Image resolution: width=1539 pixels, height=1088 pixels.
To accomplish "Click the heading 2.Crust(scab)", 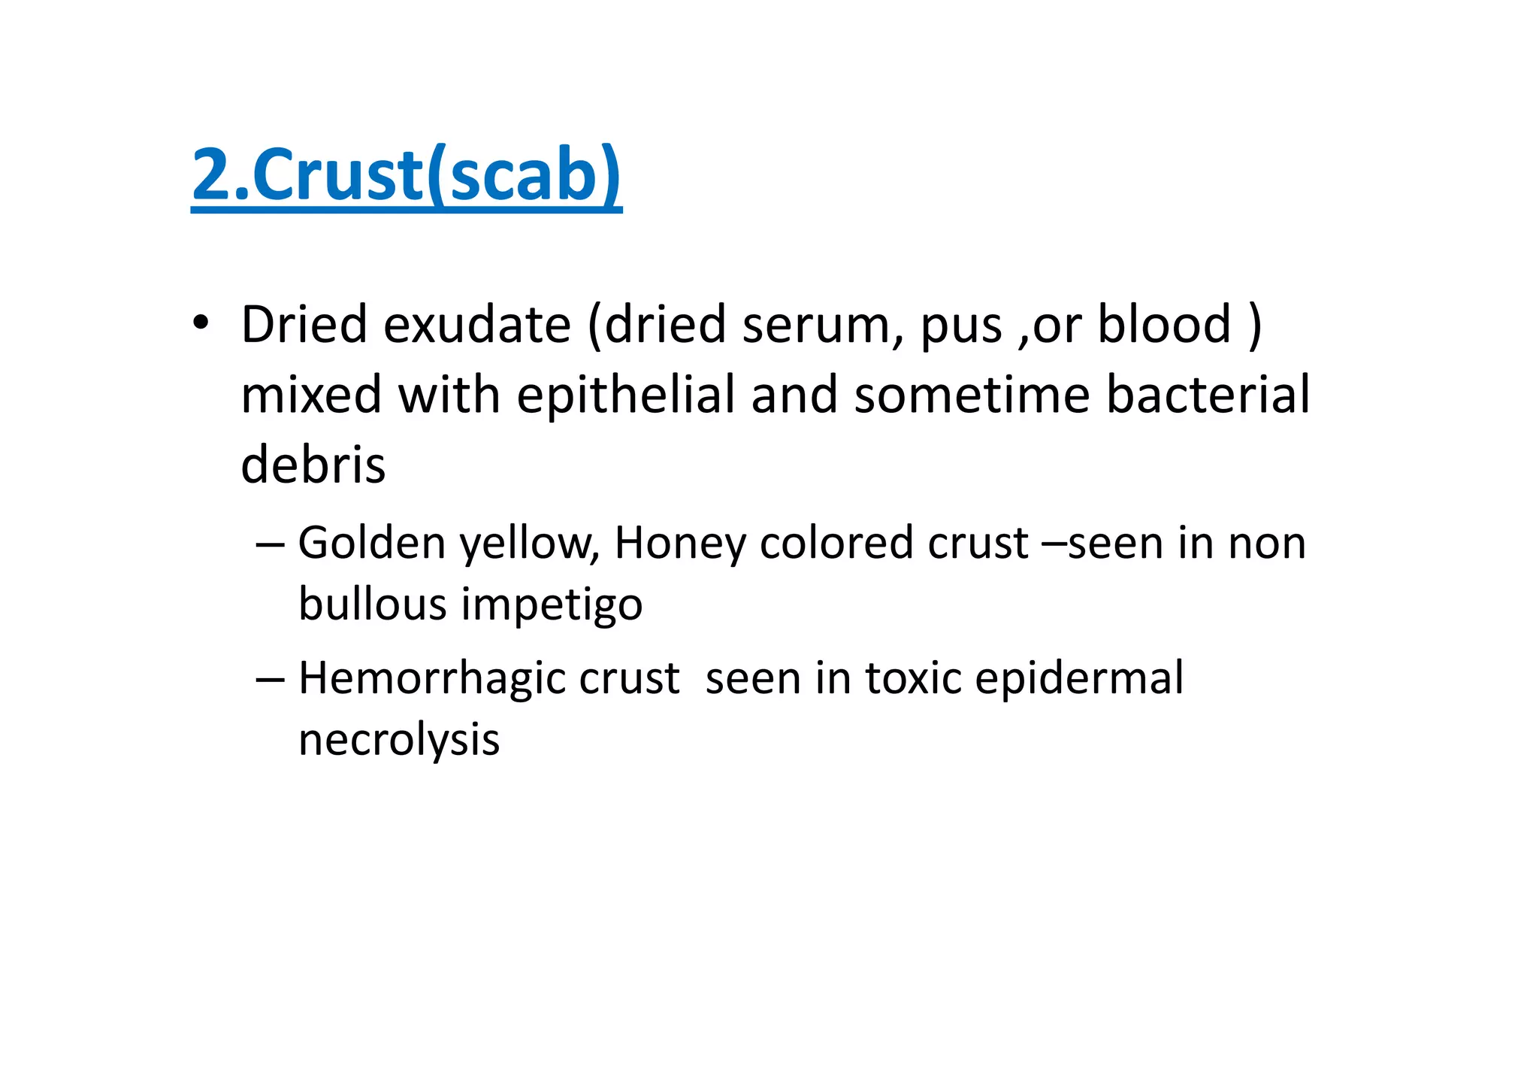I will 407,175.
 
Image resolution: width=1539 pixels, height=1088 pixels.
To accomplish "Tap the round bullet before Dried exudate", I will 199,323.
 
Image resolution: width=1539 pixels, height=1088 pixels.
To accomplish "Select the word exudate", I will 477,325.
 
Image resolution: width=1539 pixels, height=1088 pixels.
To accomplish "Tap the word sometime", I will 972,396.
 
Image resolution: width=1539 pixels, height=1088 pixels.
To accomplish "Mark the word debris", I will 313,465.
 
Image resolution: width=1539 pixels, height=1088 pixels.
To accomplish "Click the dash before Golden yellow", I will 270,544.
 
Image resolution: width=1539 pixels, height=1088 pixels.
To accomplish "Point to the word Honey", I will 679,544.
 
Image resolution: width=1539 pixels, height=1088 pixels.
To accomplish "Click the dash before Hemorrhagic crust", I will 270,679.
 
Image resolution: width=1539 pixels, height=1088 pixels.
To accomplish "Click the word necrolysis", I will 399,741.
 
